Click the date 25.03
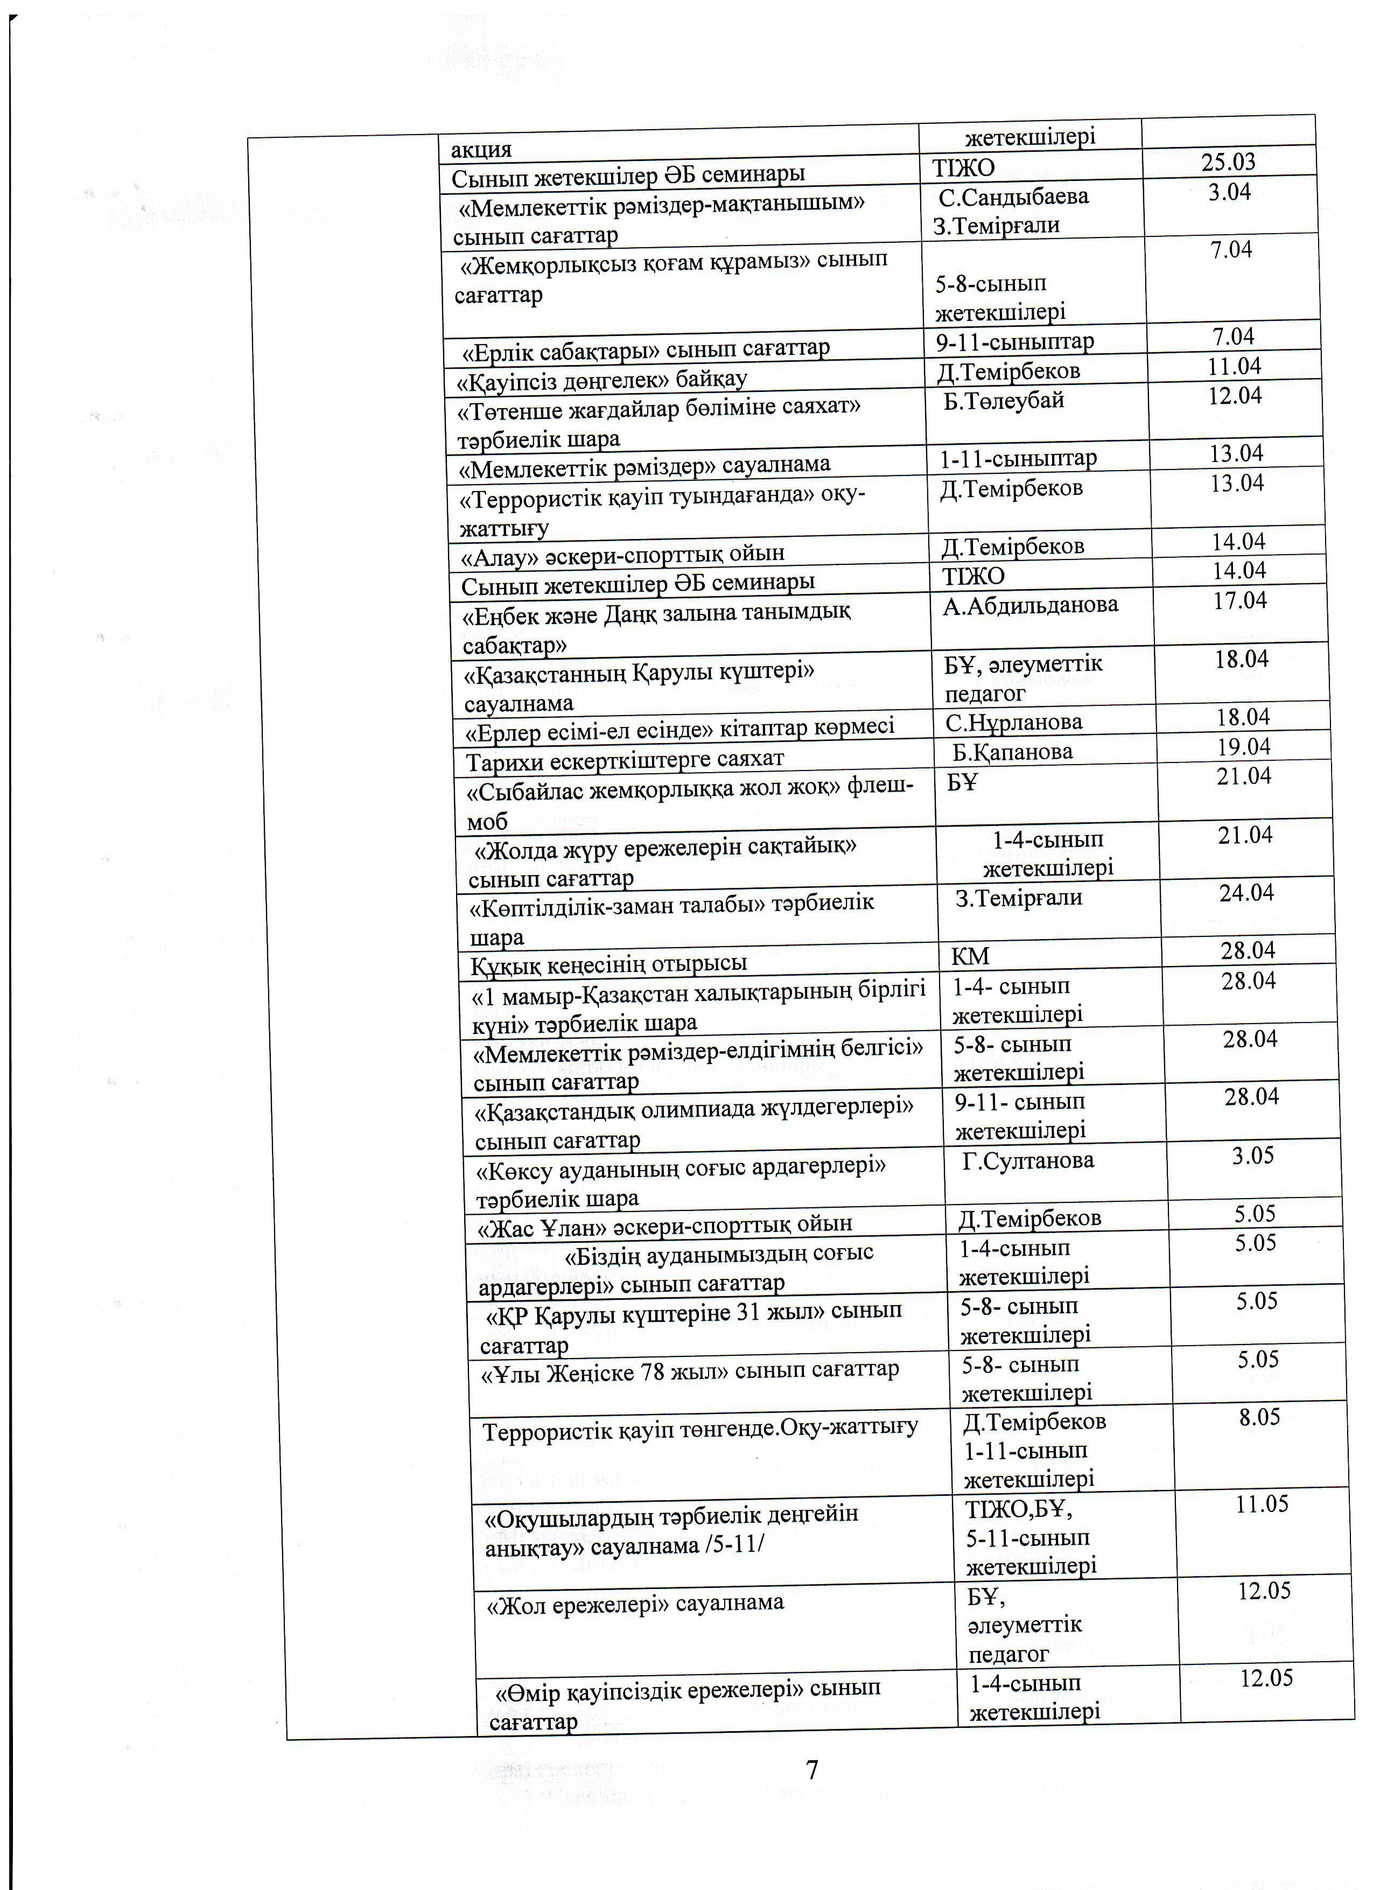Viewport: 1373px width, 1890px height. click(x=1228, y=162)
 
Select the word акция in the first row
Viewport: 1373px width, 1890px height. click(x=481, y=150)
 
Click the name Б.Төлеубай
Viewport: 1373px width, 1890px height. click(x=1004, y=400)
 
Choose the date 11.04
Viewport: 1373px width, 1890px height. click(x=1234, y=366)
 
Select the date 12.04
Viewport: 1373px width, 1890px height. click(x=1235, y=395)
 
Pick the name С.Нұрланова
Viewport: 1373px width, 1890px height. click(x=1013, y=722)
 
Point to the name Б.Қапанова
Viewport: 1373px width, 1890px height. click(x=1012, y=752)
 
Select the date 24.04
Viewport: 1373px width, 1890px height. click(x=1246, y=893)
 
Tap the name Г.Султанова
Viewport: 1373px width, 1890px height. click(x=1027, y=1160)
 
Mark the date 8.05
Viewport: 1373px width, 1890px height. click(x=1259, y=1417)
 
